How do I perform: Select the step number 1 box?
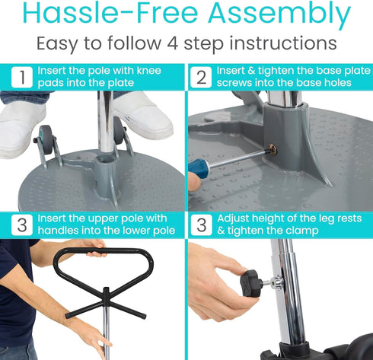coord(24,77)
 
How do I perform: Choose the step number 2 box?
coord(201,77)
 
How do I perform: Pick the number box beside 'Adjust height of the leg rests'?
coord(201,225)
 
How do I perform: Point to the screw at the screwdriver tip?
coord(271,149)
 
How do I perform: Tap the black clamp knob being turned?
coord(253,283)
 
